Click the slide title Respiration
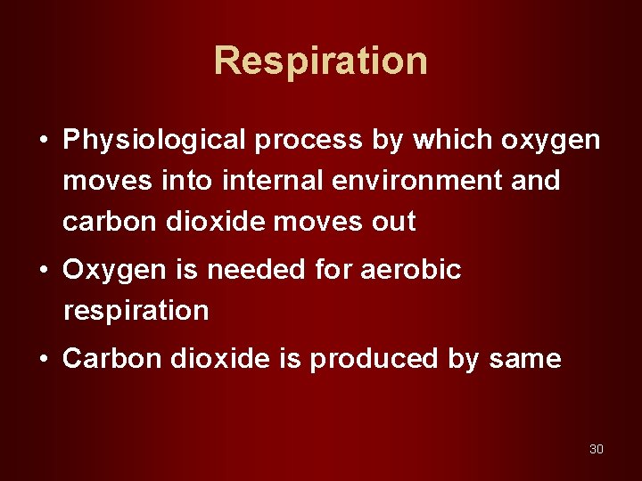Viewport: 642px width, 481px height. point(321,61)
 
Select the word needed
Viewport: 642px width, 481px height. point(243,269)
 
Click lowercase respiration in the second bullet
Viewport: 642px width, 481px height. point(136,311)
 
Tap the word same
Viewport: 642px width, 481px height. point(525,359)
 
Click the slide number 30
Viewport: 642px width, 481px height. point(597,449)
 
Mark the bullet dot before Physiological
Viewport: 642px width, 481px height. point(43,141)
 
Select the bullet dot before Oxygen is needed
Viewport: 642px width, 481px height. point(43,270)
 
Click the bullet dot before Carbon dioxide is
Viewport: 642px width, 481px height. point(43,360)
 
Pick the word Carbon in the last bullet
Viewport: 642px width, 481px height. point(107,359)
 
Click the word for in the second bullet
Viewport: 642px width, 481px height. point(333,269)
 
